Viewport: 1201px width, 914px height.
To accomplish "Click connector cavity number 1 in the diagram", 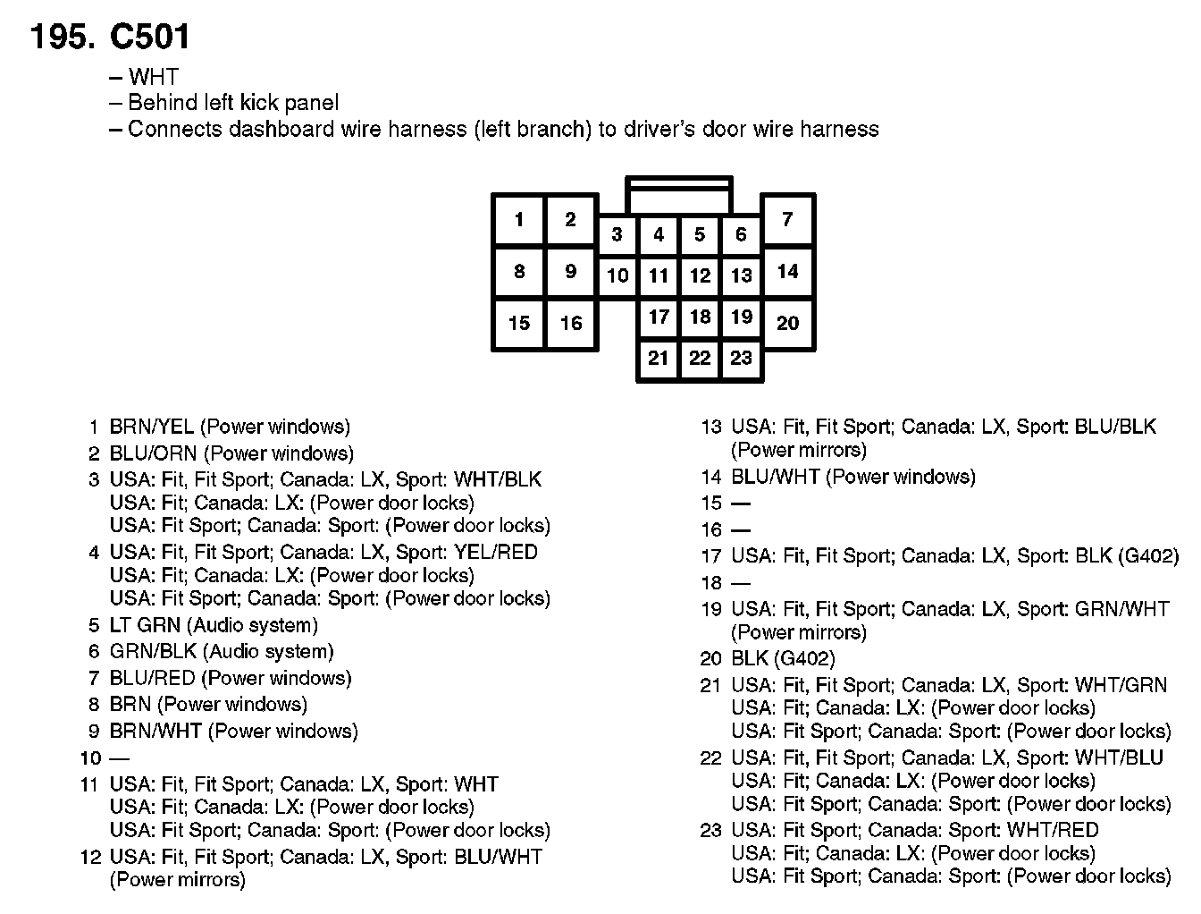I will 519,219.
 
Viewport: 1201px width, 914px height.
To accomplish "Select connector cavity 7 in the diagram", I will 787,219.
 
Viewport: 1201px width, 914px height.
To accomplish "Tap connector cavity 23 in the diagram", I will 741,359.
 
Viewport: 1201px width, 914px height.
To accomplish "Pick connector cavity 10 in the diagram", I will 617,275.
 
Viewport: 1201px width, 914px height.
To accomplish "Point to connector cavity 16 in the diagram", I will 571,324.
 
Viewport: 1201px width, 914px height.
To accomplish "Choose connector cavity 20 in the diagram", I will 787,324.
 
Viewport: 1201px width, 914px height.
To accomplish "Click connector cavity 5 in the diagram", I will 700,235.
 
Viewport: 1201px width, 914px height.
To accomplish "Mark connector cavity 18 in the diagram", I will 700,317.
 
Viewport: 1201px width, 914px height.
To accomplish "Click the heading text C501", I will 149,37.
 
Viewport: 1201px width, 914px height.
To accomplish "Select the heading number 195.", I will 63,37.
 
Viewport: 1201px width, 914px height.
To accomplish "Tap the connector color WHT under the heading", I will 153,77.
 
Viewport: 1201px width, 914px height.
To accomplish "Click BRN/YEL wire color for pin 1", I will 151,427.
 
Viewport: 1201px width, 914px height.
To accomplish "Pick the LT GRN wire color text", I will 146,625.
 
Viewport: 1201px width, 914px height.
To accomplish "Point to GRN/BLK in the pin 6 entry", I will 153,652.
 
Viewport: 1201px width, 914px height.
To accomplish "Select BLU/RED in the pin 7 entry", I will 152,679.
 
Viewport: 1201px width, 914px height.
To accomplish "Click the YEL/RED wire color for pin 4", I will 496,553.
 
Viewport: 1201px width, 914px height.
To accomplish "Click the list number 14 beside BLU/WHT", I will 710,478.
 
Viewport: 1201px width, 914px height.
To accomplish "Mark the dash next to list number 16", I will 741,530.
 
